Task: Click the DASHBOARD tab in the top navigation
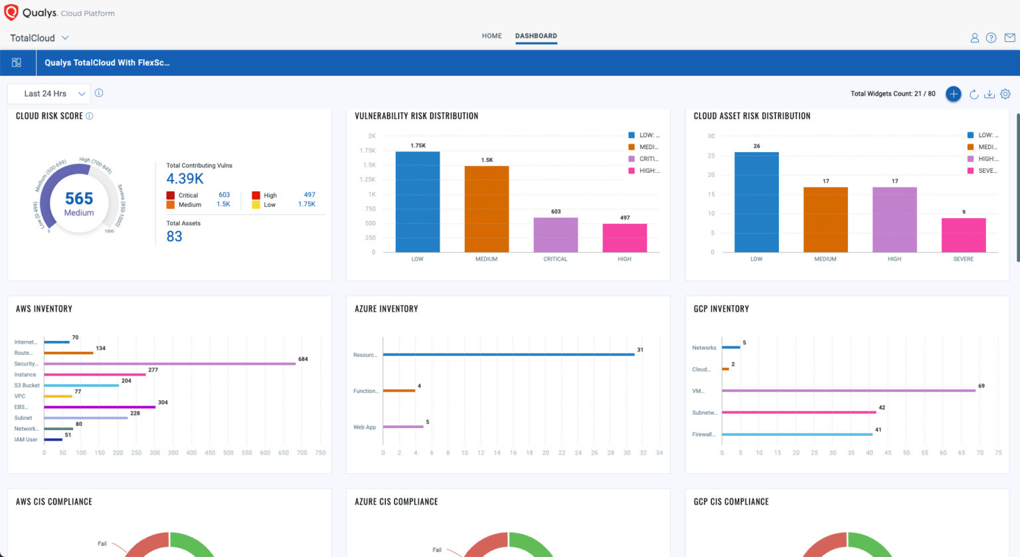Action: click(536, 36)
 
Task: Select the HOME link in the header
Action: click(491, 36)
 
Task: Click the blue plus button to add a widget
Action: click(953, 94)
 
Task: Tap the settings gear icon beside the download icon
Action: click(1005, 94)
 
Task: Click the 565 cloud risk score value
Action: click(79, 199)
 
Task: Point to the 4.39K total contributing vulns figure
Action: click(185, 179)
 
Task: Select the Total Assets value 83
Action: click(174, 237)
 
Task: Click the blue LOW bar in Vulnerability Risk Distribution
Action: click(417, 203)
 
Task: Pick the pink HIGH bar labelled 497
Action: click(624, 238)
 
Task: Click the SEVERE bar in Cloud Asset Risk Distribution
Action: click(963, 235)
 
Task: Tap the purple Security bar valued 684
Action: click(169, 364)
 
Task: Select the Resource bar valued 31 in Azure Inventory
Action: click(508, 355)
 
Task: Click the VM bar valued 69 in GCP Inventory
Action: click(848, 391)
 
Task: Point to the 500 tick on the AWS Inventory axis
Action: click(228, 453)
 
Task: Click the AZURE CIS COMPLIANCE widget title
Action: click(396, 502)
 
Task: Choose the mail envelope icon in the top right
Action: click(1009, 38)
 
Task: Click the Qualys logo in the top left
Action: click(11, 13)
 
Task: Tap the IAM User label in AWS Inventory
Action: click(26, 439)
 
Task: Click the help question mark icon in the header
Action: click(991, 38)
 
